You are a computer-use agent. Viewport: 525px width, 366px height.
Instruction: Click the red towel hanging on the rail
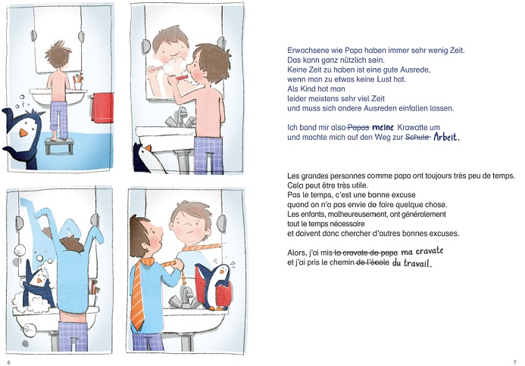coord(102,107)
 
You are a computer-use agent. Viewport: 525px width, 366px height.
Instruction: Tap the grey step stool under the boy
coord(59,146)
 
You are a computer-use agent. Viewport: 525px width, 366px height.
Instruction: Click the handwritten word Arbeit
coord(446,137)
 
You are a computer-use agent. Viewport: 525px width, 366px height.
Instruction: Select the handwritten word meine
coord(383,127)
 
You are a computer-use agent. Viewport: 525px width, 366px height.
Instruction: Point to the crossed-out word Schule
coord(417,137)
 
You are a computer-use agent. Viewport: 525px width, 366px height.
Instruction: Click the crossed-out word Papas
coord(358,127)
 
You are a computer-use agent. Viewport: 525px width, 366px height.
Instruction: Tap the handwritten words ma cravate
coord(422,251)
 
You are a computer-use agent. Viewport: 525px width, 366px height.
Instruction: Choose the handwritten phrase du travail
coord(412,262)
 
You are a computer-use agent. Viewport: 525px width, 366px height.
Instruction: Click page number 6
coord(8,362)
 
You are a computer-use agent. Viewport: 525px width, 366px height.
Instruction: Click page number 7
coord(514,362)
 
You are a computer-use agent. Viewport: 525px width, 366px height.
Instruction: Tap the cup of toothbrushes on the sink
coord(78,82)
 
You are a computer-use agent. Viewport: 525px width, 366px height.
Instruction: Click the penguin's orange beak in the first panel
coord(23,132)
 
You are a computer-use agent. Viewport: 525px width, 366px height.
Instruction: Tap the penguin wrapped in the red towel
coord(214,286)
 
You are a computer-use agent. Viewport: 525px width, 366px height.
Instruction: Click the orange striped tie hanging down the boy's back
coord(138,294)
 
